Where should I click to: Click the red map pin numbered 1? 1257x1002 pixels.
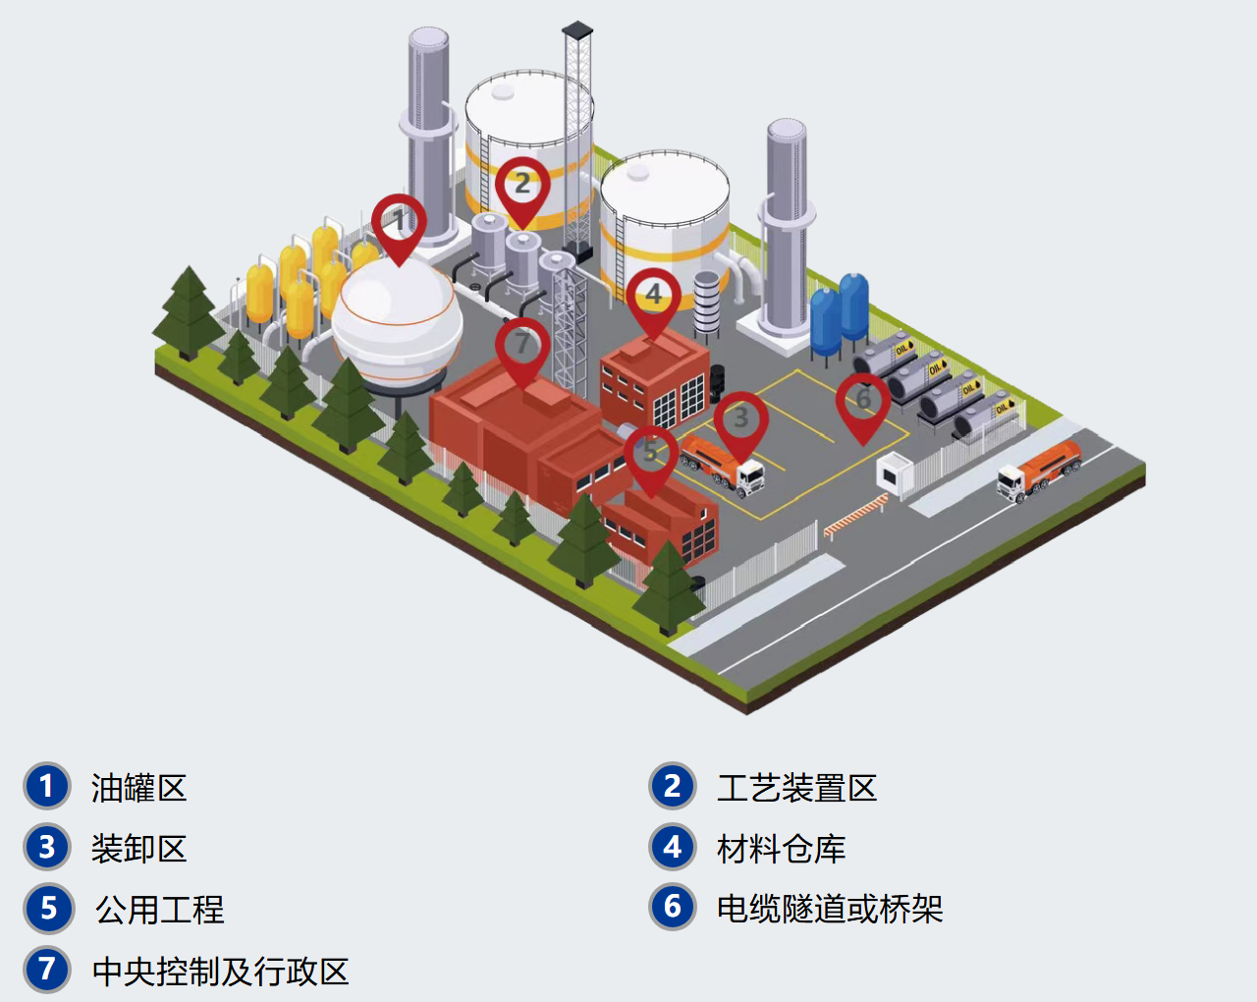coord(399,224)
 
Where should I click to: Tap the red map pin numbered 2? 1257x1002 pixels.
coord(521,187)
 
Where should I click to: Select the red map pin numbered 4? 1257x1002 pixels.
coord(653,297)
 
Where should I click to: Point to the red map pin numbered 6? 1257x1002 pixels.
coord(862,402)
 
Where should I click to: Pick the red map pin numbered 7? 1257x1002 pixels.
coord(521,346)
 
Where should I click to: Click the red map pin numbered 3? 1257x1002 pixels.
coord(740,420)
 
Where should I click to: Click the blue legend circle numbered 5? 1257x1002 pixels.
coord(47,909)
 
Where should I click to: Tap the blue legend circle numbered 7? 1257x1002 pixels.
coord(47,970)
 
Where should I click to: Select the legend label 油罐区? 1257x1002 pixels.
coord(138,788)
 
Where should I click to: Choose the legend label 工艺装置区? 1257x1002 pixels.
coord(796,788)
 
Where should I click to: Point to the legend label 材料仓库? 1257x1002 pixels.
coord(781,849)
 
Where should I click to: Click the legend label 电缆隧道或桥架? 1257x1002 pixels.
coord(830,909)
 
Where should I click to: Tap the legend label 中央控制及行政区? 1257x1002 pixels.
coord(220,972)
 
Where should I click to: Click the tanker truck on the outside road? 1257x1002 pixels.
coord(1039,471)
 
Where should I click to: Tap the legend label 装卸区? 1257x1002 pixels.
coord(138,849)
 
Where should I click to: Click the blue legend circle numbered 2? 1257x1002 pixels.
coord(673,787)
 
